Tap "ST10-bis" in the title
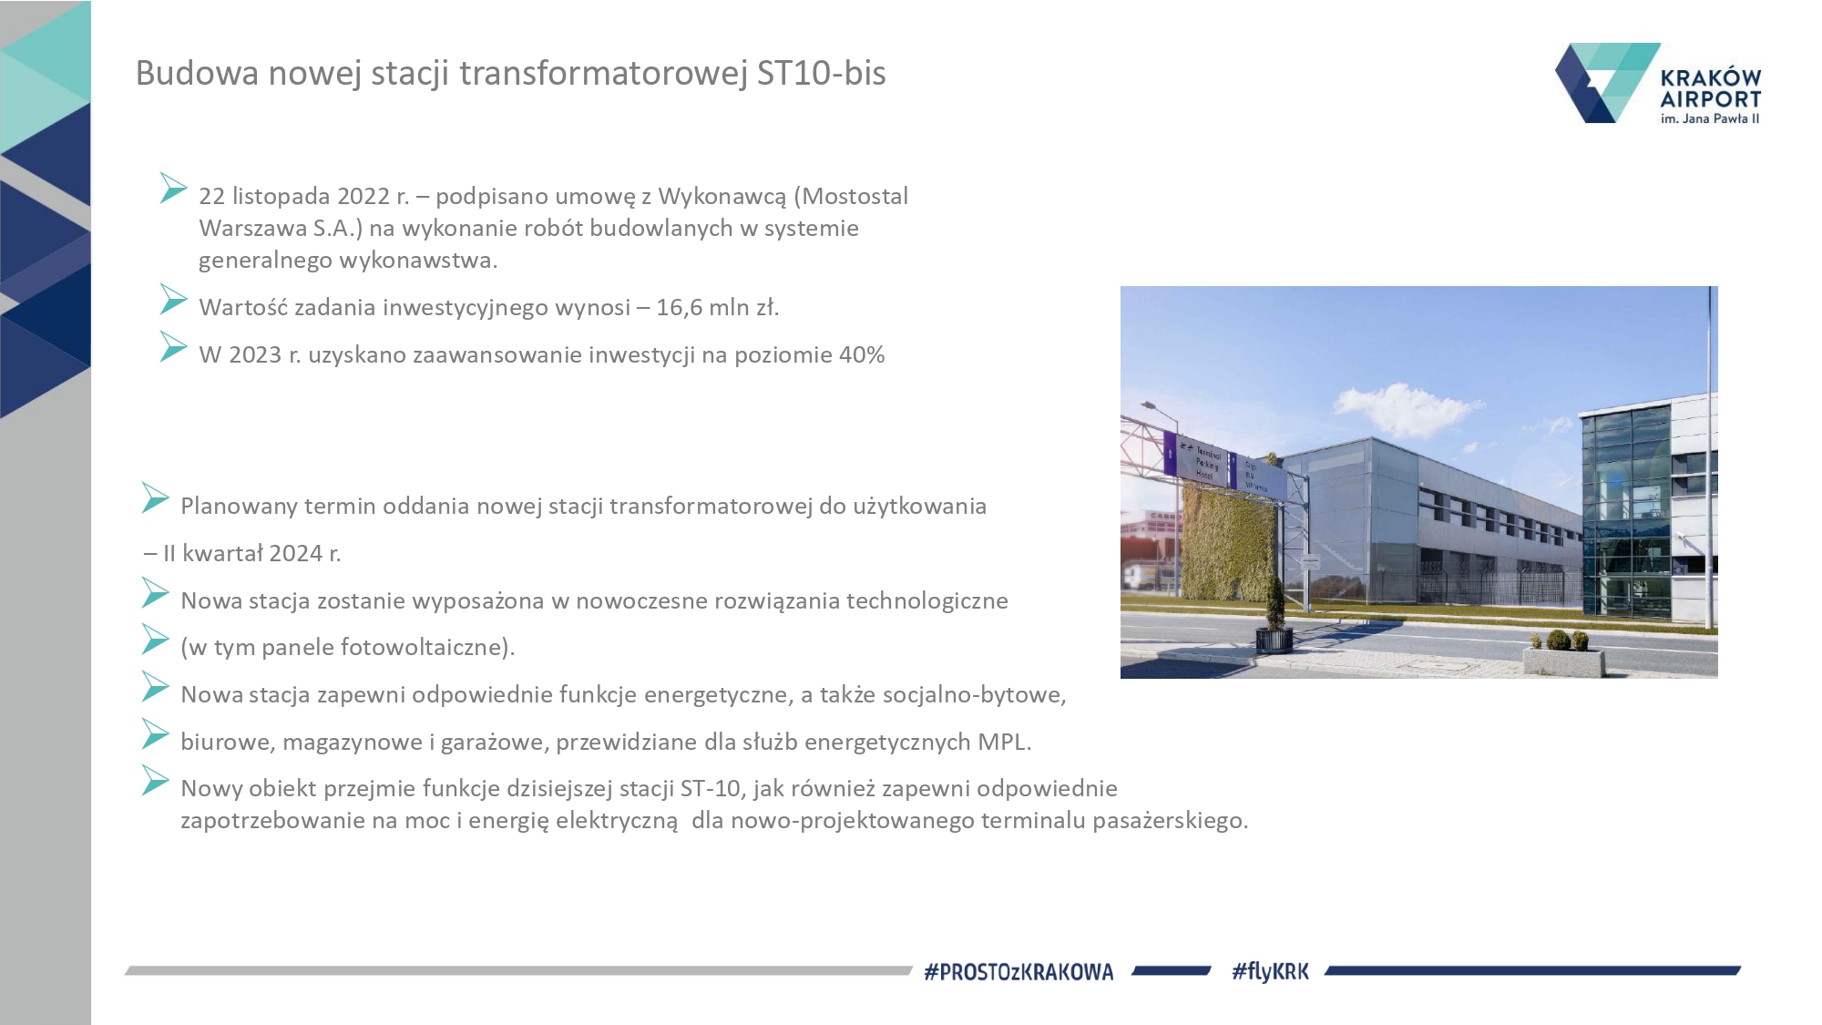coord(821,73)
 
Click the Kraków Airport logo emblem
coord(1607,83)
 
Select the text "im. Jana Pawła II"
coord(1710,118)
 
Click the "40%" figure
coord(862,354)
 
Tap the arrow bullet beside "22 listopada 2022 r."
coord(172,188)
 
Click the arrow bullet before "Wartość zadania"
coord(172,299)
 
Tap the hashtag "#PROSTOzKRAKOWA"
coord(1018,972)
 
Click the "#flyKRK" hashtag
coord(1270,972)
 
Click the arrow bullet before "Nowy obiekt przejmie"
coord(154,780)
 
